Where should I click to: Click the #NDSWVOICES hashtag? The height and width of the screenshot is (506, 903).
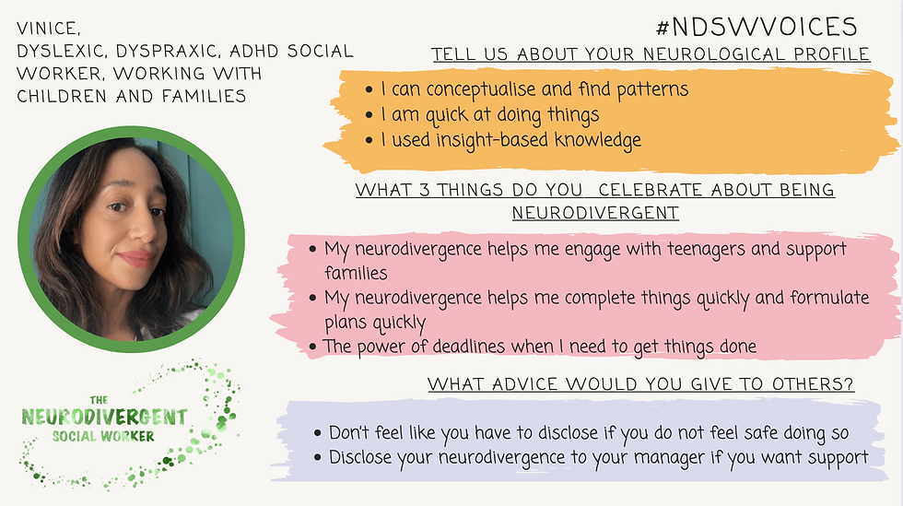756,27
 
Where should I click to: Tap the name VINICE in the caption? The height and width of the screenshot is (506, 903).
48,29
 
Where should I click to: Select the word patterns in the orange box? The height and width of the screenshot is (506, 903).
652,90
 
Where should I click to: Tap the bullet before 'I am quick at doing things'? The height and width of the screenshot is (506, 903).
369,114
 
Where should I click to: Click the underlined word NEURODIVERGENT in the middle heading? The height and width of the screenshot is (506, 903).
595,213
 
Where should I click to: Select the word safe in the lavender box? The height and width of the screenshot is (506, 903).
763,433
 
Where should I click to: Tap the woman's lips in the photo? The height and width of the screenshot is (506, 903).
135,258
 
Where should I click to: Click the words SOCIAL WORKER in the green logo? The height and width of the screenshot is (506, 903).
103,436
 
